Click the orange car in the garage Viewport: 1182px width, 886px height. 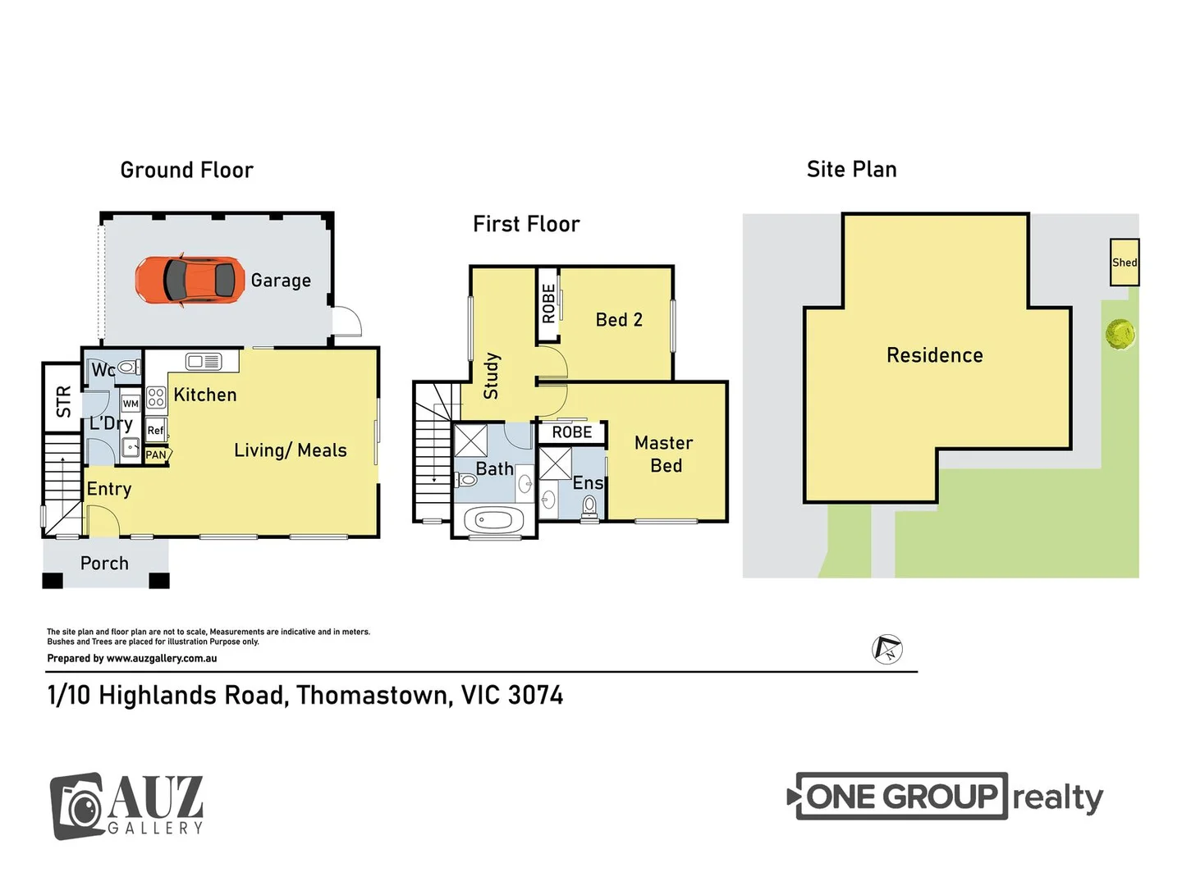pos(190,280)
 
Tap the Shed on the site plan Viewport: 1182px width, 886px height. pos(1124,262)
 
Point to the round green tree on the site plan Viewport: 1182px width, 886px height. pos(1120,334)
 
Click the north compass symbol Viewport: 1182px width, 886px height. pos(886,649)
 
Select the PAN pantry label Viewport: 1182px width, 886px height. pos(156,454)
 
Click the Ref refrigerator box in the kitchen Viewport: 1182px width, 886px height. pos(156,430)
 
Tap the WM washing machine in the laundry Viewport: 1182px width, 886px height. pos(131,404)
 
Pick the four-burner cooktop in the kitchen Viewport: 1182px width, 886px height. pos(156,398)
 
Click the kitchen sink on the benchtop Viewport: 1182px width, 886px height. pos(203,361)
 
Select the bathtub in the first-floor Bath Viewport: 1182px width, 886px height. pos(494,520)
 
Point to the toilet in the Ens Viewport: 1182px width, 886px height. pos(589,507)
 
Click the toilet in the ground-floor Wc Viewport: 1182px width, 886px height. pos(129,368)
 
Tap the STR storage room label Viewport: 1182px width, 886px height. pos(63,401)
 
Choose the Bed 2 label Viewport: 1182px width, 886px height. pos(619,320)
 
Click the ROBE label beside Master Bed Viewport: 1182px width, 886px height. pos(571,432)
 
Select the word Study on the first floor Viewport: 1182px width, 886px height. pos(492,376)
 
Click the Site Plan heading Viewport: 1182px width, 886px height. pos(851,170)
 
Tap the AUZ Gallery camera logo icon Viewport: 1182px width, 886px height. pos(77,806)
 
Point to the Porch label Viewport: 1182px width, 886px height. pos(104,564)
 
